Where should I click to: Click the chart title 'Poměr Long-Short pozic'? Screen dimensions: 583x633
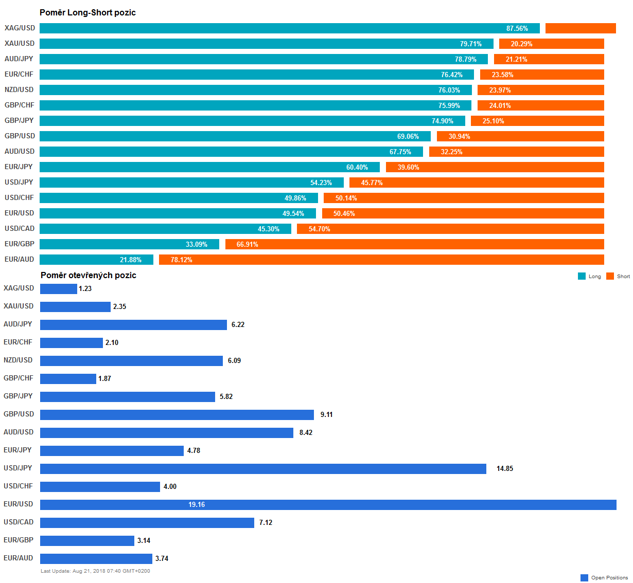[x=87, y=12]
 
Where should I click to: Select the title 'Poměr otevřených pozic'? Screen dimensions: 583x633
[x=89, y=275]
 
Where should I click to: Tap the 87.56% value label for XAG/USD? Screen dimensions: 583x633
[x=517, y=28]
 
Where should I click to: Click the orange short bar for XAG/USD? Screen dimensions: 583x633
[x=581, y=28]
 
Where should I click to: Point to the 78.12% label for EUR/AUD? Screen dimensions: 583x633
[x=181, y=260]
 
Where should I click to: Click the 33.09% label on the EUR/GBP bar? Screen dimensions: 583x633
[x=197, y=244]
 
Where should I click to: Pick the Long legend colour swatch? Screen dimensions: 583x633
[x=582, y=276]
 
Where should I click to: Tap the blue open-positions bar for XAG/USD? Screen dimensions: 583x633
[x=58, y=289]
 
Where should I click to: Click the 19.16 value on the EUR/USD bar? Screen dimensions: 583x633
[x=197, y=504]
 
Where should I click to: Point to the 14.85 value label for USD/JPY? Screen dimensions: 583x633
[x=504, y=468]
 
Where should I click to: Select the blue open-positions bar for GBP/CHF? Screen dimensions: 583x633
[x=68, y=379]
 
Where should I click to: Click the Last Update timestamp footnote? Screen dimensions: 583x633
[x=95, y=571]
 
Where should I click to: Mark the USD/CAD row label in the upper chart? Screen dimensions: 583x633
[x=20, y=228]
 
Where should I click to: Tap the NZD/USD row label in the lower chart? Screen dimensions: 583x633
[x=18, y=360]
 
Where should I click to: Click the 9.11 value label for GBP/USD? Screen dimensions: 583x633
[x=326, y=414]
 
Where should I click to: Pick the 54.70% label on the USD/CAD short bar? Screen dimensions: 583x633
[x=319, y=229]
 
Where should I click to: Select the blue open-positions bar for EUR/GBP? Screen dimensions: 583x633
[x=87, y=541]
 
